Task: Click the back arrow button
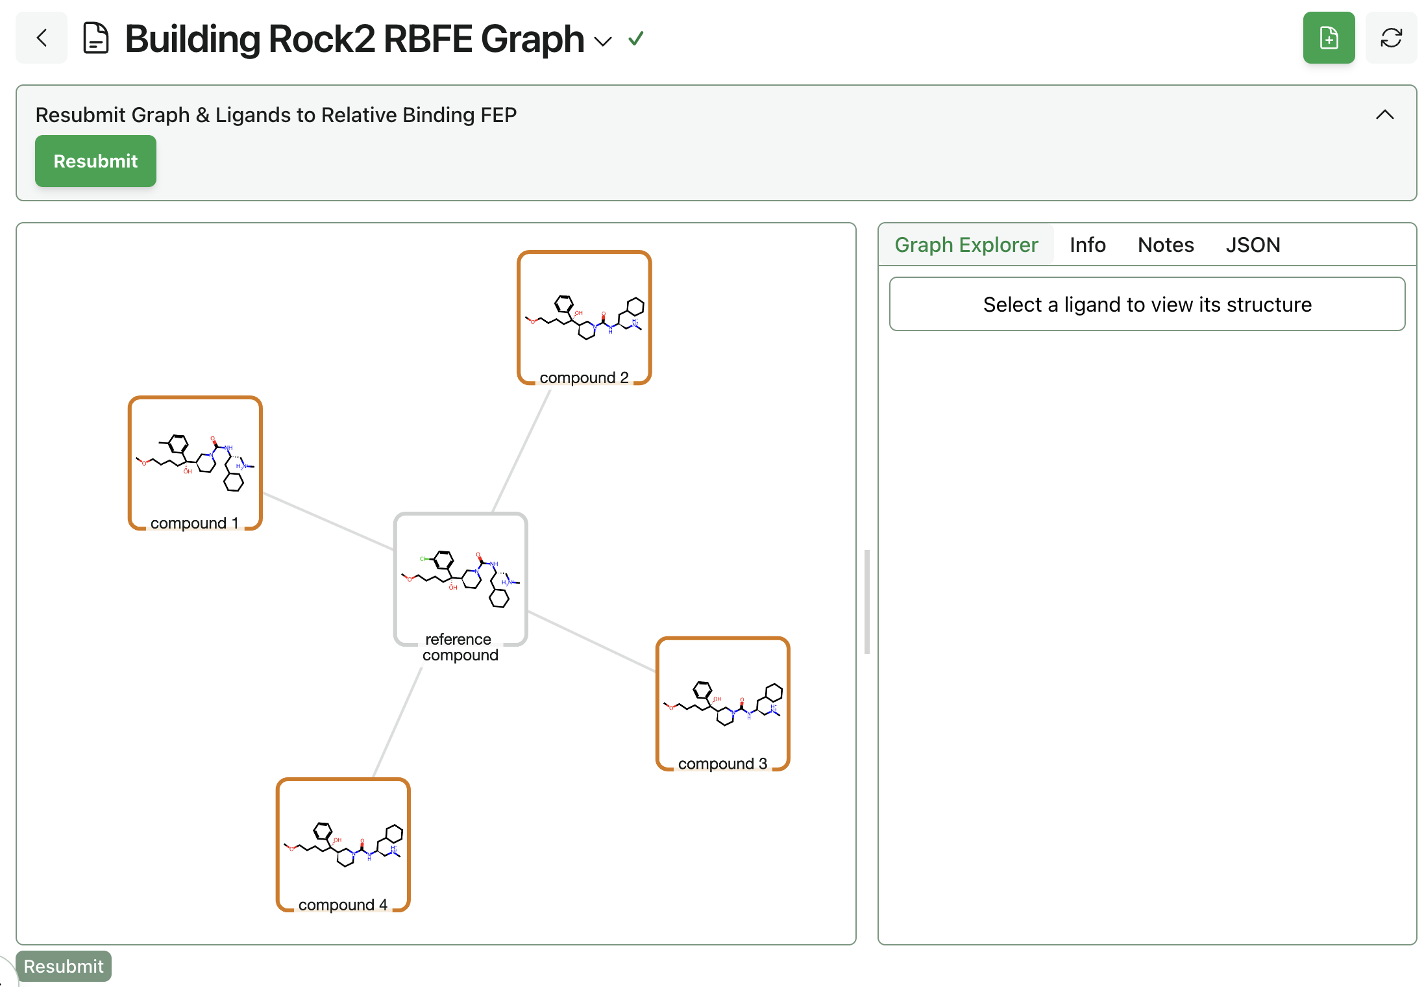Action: click(x=42, y=38)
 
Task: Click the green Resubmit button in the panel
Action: click(x=95, y=161)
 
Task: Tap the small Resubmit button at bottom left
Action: click(x=64, y=966)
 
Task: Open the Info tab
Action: click(x=1087, y=245)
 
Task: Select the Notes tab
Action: click(x=1166, y=245)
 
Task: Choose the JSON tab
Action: click(x=1253, y=245)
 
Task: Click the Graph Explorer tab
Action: click(x=966, y=245)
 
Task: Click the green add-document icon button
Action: click(x=1329, y=38)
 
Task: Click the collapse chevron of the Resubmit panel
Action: click(x=1384, y=115)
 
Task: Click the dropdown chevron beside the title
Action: click(x=603, y=42)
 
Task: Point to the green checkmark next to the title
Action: click(x=636, y=39)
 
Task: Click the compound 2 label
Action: click(x=583, y=377)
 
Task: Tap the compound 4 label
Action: click(x=343, y=905)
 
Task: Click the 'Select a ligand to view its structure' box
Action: click(x=1147, y=305)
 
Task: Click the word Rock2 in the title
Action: click(x=321, y=39)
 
